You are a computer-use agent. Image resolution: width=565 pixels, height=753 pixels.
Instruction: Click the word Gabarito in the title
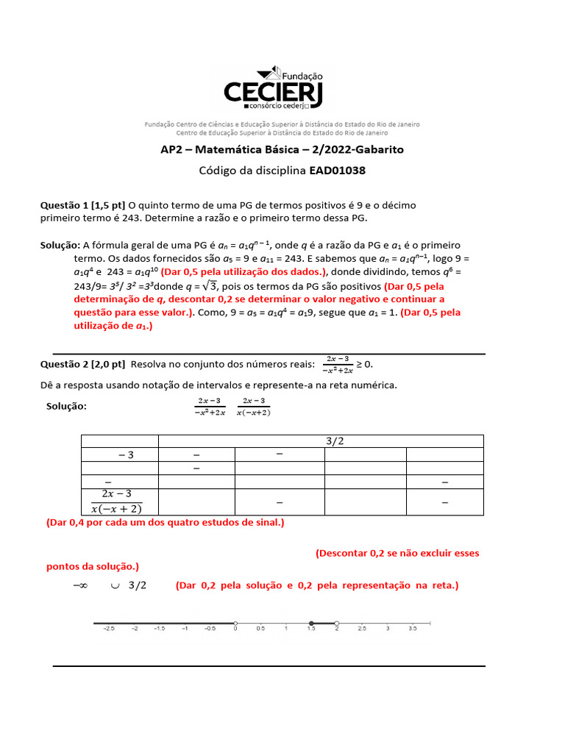pyautogui.click(x=377, y=149)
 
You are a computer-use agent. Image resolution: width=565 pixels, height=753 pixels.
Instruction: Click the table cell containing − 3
pyautogui.click(x=119, y=455)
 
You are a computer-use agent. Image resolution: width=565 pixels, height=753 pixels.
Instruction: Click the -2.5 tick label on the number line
pyautogui.click(x=108, y=629)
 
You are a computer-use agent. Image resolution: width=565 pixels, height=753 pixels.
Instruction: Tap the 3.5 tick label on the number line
pyautogui.click(x=412, y=629)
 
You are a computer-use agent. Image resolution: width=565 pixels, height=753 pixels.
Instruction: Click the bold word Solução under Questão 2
pyautogui.click(x=66, y=406)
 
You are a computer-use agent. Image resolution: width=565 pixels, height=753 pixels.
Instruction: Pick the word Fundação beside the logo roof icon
pyautogui.click(x=302, y=75)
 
